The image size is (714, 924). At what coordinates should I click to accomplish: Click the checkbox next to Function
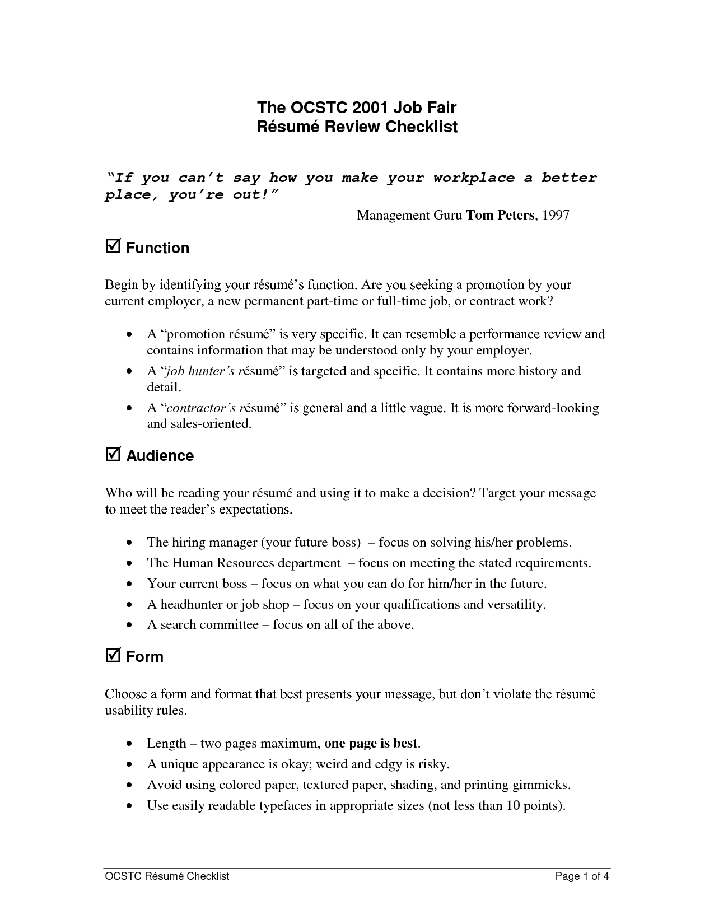[112, 246]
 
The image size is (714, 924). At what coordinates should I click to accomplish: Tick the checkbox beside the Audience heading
[112, 454]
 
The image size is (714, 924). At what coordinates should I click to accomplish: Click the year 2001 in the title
[372, 108]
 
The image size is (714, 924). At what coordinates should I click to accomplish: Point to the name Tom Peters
[500, 215]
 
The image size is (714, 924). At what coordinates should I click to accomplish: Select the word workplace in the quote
[473, 178]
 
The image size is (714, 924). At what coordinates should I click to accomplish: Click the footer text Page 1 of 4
[581, 876]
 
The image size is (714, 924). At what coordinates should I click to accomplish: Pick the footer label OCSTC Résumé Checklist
[167, 876]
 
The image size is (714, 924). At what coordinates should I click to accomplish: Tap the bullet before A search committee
[130, 625]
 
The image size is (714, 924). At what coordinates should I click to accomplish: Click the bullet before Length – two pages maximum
[130, 744]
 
